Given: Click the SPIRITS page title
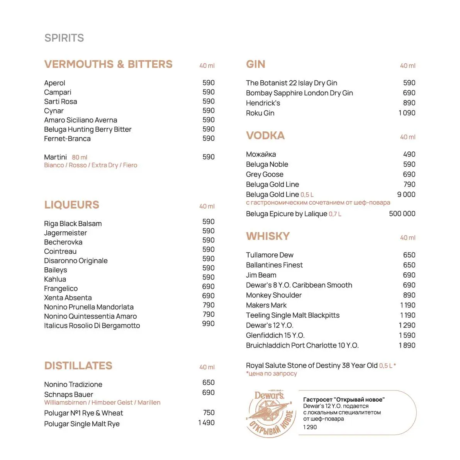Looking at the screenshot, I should [x=64, y=38].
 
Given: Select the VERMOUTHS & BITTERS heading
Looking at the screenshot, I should [x=108, y=64].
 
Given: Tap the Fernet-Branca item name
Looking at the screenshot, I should [x=67, y=139].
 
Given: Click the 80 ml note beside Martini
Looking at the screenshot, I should [x=80, y=158].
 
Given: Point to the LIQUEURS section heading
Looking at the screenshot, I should [x=71, y=205].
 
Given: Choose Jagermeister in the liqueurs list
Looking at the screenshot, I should [x=65, y=233].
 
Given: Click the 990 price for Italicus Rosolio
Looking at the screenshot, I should [x=208, y=324].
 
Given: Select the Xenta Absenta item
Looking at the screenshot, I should [x=68, y=298].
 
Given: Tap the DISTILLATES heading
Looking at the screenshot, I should [x=78, y=365].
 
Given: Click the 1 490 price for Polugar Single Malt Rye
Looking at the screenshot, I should [x=206, y=423].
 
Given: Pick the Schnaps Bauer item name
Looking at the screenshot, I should [x=68, y=394].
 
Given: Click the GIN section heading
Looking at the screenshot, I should [x=255, y=64].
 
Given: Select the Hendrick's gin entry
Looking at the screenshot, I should [x=263, y=103].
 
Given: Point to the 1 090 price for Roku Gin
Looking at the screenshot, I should [x=407, y=113].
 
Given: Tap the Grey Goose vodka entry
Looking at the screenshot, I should [x=265, y=175].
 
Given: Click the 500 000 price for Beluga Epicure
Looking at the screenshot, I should [x=402, y=214].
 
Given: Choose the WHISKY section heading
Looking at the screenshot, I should [x=268, y=236].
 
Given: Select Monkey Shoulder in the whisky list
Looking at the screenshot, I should [x=273, y=295].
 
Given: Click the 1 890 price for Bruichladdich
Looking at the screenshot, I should [x=407, y=346].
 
